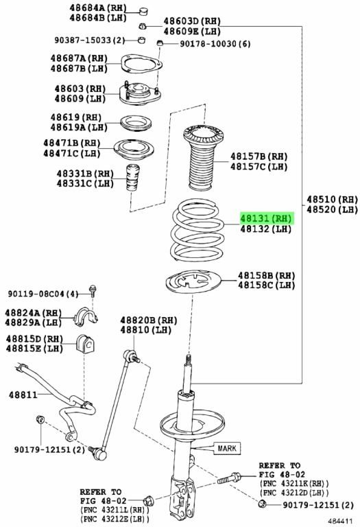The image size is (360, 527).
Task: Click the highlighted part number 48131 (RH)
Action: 266,218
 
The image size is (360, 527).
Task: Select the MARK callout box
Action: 227,448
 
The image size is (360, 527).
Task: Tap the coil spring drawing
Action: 197,230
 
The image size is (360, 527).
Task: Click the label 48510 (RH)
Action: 332,199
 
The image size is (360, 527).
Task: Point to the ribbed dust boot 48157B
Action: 202,157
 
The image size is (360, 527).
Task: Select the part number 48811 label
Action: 23,395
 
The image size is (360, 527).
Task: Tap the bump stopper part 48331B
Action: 132,178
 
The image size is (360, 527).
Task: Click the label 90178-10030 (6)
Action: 215,44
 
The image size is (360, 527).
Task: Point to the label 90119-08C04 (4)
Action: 43,294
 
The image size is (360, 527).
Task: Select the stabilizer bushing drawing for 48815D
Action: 85,344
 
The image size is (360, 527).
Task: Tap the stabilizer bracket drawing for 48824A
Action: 85,316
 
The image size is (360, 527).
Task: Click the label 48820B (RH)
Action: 148,320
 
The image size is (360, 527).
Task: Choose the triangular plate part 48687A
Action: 141,64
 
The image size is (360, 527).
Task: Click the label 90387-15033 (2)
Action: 89,40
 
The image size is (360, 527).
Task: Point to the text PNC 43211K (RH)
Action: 294,484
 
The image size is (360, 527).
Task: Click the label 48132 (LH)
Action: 265,229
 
